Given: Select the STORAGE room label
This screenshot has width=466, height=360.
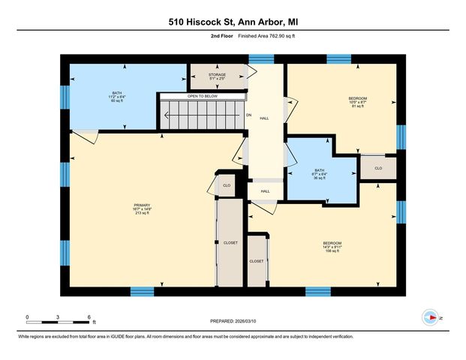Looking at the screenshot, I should (x=217, y=77).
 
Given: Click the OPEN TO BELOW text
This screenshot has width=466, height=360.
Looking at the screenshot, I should (x=202, y=96).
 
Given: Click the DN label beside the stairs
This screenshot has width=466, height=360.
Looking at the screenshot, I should (x=248, y=115).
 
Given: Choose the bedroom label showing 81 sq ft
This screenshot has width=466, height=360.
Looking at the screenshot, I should (x=357, y=102).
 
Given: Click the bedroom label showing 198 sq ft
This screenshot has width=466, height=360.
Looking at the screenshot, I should (x=332, y=246).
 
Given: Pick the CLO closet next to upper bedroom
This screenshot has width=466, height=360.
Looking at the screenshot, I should (x=378, y=168).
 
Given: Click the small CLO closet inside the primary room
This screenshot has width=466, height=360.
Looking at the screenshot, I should (x=227, y=184).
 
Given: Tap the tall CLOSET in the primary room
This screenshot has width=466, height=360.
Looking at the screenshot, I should (x=230, y=242).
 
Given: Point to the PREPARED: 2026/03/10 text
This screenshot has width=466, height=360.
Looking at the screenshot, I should (x=233, y=320).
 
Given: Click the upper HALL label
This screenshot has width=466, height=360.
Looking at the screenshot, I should (x=264, y=118).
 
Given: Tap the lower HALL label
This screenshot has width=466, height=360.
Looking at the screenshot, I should (x=265, y=191).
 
